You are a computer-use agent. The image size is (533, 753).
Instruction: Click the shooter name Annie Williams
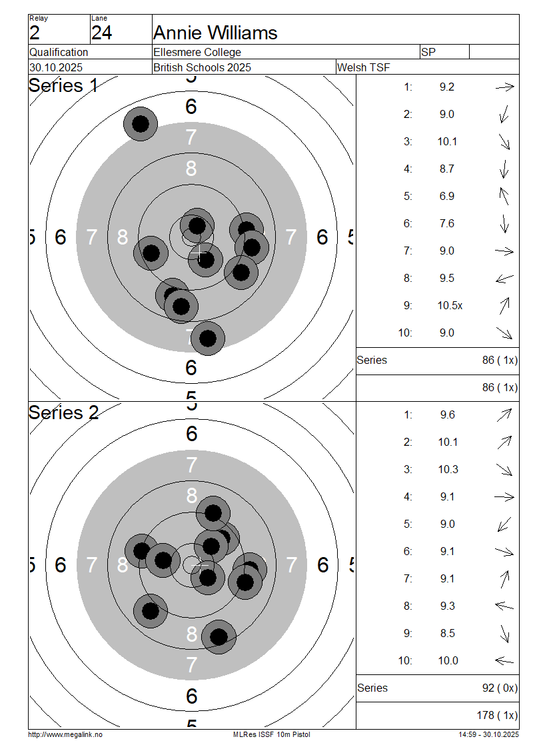[x=215, y=33]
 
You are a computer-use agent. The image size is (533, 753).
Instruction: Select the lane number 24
[x=102, y=33]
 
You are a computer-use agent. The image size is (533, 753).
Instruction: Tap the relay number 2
[x=34, y=33]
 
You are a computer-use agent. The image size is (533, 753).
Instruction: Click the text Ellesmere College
[x=197, y=52]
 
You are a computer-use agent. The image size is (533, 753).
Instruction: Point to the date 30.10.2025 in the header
[x=56, y=67]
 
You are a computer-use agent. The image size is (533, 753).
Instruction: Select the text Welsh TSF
[x=363, y=67]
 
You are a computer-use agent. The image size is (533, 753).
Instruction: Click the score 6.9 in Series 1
[x=446, y=196]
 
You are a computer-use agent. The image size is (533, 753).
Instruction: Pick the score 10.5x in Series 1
[x=450, y=305]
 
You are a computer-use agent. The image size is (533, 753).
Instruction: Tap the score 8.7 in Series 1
[x=446, y=169]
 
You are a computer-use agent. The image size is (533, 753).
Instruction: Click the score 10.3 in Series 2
[x=448, y=469]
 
